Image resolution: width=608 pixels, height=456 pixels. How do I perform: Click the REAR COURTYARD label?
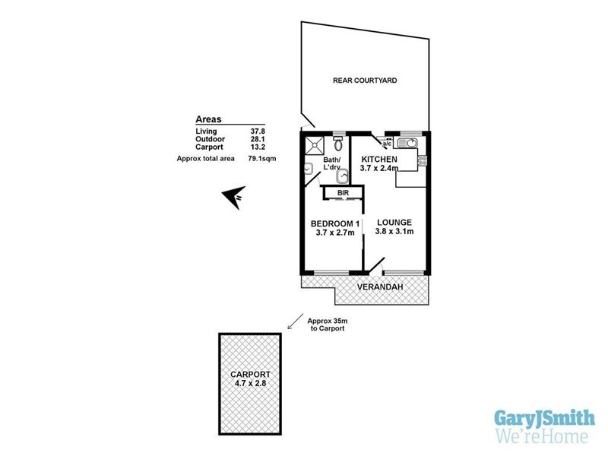pos(365,80)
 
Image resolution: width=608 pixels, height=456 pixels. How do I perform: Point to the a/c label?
pos(386,144)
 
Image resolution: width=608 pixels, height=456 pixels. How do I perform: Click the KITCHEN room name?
pos(378,158)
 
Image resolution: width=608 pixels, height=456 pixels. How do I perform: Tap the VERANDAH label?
pos(382,287)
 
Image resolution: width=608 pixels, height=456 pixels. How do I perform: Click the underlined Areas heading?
pos(209,119)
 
